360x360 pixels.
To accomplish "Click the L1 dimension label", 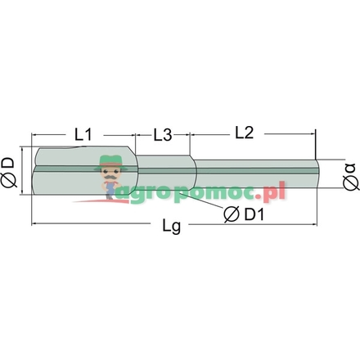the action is pos(83,134).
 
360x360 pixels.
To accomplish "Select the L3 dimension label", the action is pos(163,135).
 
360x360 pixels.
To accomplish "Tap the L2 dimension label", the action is pos(245,133).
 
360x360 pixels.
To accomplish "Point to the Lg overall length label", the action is pos(172,226).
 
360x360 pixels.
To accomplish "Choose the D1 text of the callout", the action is pos(254,214).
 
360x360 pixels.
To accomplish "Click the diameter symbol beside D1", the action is pos(232,214).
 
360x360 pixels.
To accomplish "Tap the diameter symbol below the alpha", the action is pos(351,182).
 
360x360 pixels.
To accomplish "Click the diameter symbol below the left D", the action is pos(8,181).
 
